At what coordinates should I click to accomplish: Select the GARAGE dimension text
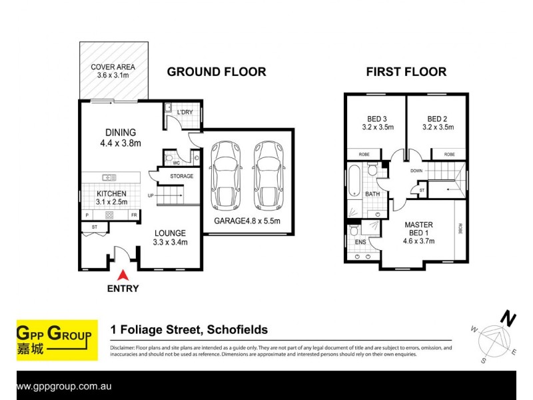tap(247, 221)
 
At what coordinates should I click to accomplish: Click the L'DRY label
tap(185, 112)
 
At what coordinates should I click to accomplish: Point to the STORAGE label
tap(181, 176)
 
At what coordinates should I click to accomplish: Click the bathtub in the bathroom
tap(354, 181)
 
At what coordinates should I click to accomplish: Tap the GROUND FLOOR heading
tap(216, 72)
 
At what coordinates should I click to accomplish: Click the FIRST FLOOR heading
tap(406, 72)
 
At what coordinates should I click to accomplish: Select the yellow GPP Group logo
tap(53, 341)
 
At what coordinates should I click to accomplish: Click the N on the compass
tap(509, 319)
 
